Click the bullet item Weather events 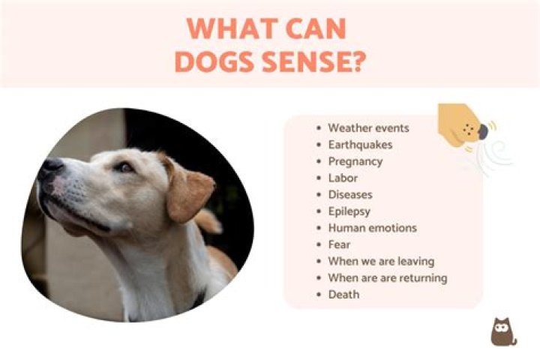click(368, 128)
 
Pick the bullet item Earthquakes click(360, 145)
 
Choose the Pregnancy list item click(355, 161)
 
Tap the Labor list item click(342, 178)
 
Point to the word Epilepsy click(349, 211)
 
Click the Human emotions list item click(372, 227)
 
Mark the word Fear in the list click(339, 244)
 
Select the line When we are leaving click(381, 261)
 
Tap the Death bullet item click(343, 294)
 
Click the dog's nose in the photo click(51, 168)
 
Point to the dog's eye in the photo click(123, 166)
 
